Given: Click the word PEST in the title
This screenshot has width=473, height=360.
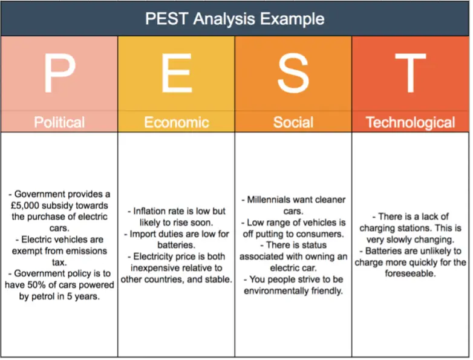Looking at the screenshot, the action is pos(167,19).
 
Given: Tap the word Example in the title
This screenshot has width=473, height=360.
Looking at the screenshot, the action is pos(292,19).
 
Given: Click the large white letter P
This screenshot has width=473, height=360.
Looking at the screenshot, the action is pos(59,73).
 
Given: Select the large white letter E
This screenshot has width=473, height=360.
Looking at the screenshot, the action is pos(177,73).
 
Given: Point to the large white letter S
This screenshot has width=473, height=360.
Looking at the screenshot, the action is pos(293,73).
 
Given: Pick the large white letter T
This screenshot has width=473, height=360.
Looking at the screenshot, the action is pos(410,73).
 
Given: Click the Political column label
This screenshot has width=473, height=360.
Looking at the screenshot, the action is pos(59,122).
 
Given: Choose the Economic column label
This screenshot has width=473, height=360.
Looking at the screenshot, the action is pos(177,122).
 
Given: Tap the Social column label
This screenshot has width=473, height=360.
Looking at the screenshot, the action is pos(293,122).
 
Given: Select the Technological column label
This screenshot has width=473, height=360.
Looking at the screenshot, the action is pos(410,123).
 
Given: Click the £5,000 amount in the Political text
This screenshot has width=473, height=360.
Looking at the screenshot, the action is pos(25,206).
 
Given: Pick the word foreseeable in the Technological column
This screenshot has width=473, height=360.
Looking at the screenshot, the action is pos(410,273).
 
